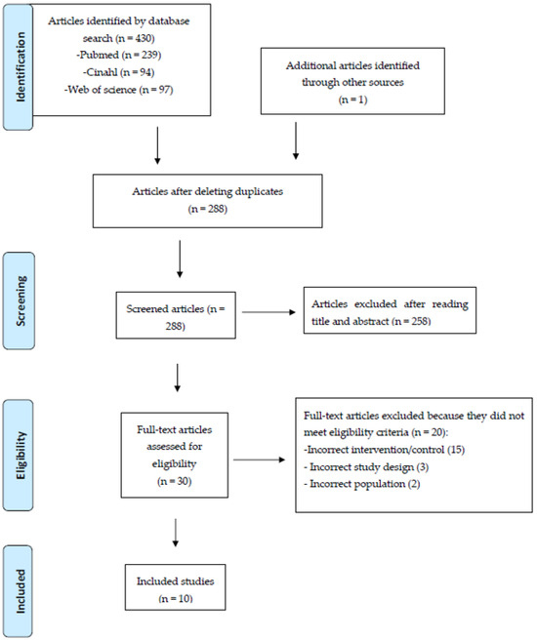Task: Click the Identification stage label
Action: pyautogui.click(x=21, y=67)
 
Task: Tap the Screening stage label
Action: pyautogui.click(x=21, y=300)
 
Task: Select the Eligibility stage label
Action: pyautogui.click(x=21, y=455)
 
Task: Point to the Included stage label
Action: pyautogui.click(x=21, y=591)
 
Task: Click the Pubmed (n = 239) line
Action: pyautogui.click(x=119, y=55)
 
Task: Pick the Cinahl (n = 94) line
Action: pyautogui.click(x=119, y=72)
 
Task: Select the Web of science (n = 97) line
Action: pyautogui.click(x=119, y=90)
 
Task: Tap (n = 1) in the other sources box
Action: pyautogui.click(x=352, y=100)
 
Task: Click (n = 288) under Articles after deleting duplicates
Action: pyautogui.click(x=207, y=209)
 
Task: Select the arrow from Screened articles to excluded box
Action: pyautogui.click(x=268, y=312)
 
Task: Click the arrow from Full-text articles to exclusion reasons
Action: pyautogui.click(x=260, y=460)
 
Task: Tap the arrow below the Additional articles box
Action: pyautogui.click(x=296, y=140)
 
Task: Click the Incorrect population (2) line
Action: pyautogui.click(x=362, y=484)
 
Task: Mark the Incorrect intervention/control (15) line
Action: pyautogui.click(x=385, y=450)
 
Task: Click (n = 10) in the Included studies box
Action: pyautogui.click(x=175, y=599)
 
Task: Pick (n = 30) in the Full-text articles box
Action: pyautogui.click(x=175, y=482)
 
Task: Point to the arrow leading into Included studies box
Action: pyautogui.click(x=175, y=533)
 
